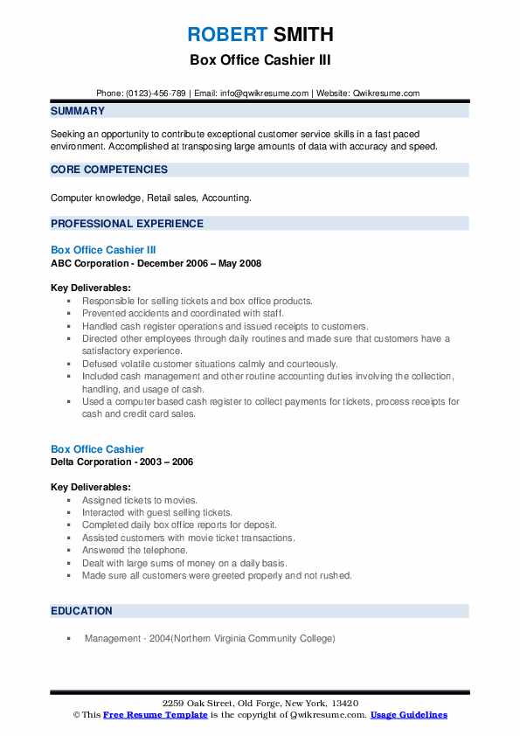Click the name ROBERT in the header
point(226,35)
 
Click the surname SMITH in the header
point(302,35)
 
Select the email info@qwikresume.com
point(260,94)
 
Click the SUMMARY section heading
point(78,111)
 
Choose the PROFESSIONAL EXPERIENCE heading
point(127,223)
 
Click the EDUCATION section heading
point(81,611)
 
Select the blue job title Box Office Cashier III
point(103,250)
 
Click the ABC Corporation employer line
point(156,263)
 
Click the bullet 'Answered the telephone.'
point(135,551)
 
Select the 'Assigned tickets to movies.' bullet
point(140,500)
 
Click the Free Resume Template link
point(155,715)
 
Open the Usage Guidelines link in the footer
point(408,715)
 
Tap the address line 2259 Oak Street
point(260,703)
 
